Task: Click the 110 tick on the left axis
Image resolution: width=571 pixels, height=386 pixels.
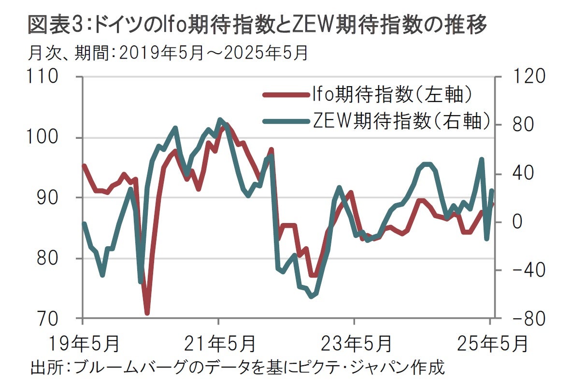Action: tap(45, 77)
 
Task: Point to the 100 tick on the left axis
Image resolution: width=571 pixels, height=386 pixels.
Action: tap(45, 138)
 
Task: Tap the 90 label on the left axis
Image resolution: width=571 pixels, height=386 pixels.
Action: tap(50, 198)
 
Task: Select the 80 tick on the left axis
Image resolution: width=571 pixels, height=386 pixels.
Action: tap(50, 258)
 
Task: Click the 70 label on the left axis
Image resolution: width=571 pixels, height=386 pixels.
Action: tap(50, 319)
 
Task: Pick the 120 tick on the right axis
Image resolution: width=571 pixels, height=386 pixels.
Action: tap(524, 77)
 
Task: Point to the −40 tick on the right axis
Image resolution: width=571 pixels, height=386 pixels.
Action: tap(522, 270)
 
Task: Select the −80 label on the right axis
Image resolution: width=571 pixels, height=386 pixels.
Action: tap(522, 319)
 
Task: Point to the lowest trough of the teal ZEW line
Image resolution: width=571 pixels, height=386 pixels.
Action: tap(311, 296)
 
